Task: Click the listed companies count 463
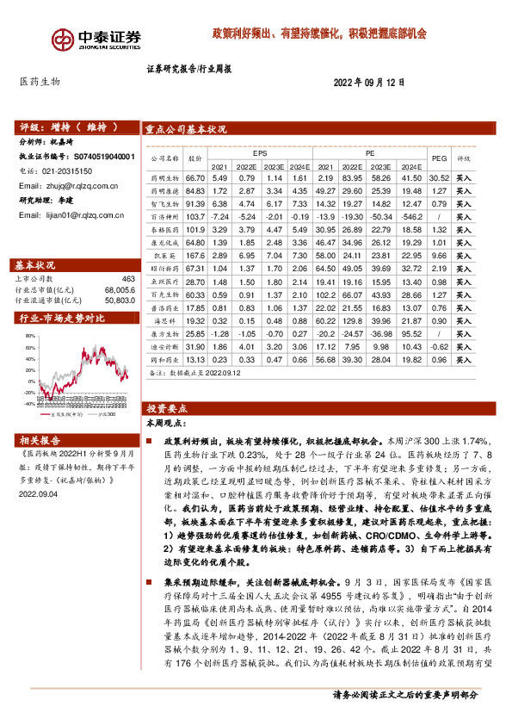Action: click(x=128, y=280)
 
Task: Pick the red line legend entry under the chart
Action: click(x=64, y=413)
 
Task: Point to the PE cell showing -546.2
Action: click(x=435, y=219)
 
